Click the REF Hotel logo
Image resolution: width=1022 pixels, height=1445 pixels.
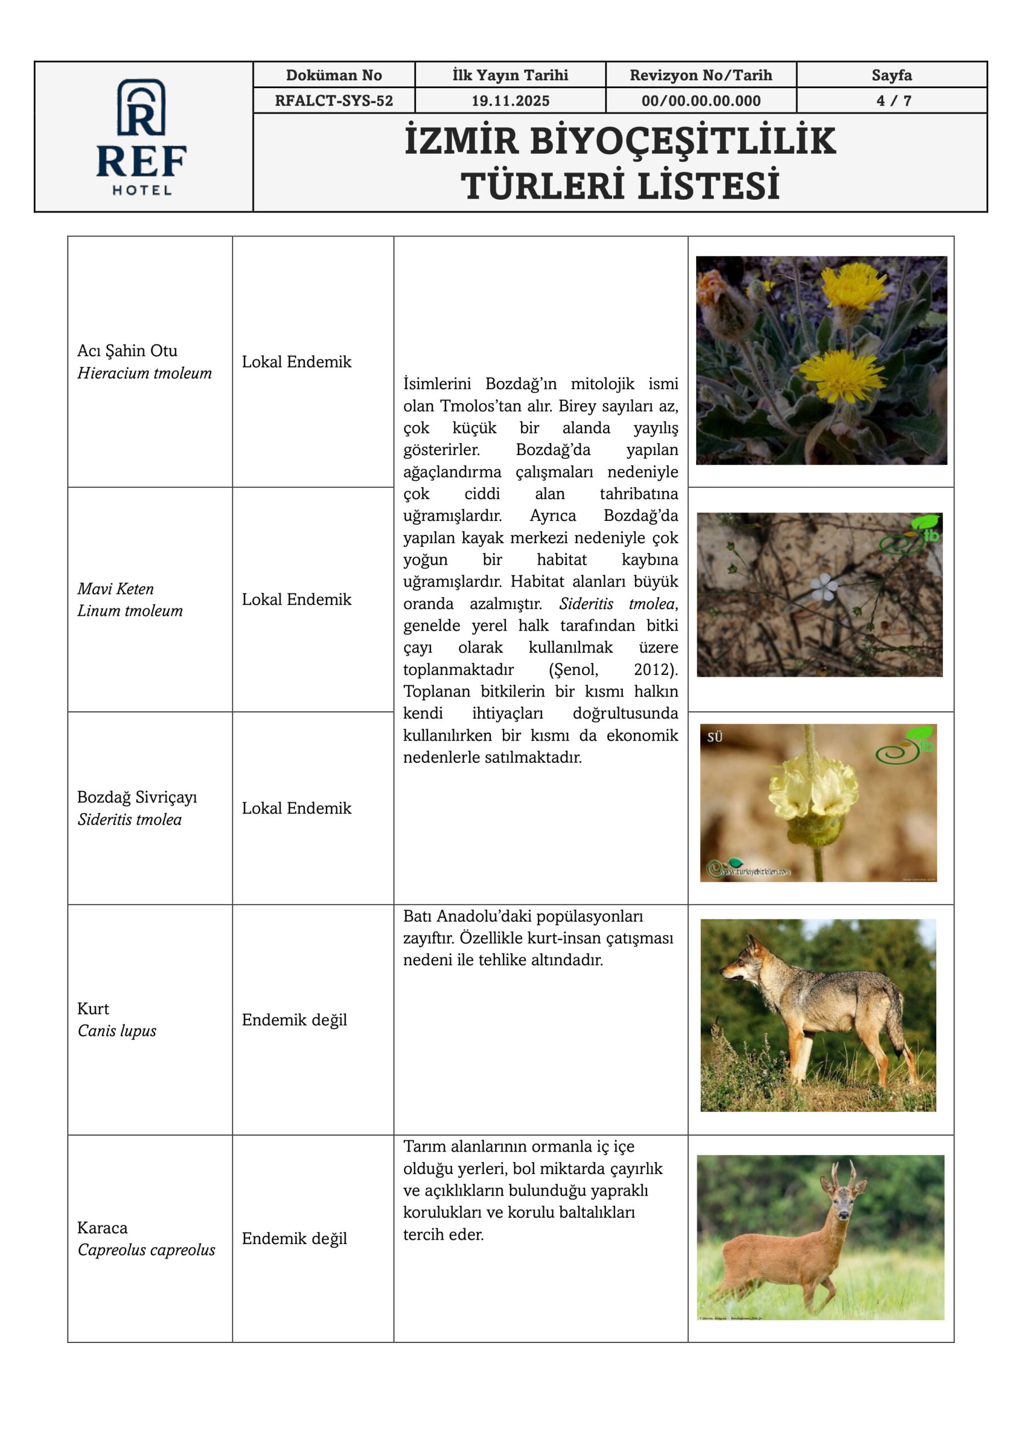[x=142, y=136]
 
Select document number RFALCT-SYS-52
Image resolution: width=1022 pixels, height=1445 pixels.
[x=334, y=100]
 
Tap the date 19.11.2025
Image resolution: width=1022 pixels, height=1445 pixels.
[x=510, y=100]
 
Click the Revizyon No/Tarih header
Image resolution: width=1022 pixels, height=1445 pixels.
[x=700, y=76]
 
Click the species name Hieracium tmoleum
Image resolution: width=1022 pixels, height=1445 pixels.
[x=144, y=373]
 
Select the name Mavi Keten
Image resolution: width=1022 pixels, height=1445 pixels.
[x=115, y=589]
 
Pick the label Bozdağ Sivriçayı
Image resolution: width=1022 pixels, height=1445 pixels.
[x=137, y=797]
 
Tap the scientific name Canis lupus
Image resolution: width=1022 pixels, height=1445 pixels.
[x=116, y=1030]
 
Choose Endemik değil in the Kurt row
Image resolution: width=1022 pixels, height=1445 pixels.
[x=294, y=1019]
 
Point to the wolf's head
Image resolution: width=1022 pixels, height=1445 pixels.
[x=743, y=965]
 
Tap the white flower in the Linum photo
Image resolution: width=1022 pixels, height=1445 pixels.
[x=824, y=586]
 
